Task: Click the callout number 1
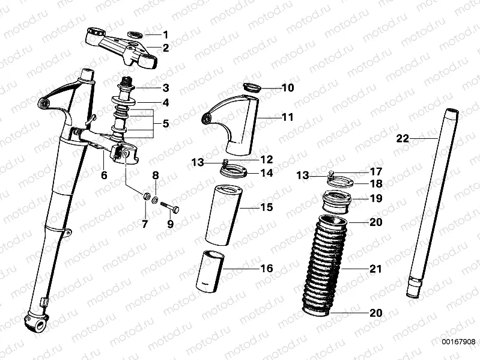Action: (166, 34)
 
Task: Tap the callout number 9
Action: (170, 224)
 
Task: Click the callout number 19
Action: (375, 198)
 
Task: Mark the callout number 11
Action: (288, 117)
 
